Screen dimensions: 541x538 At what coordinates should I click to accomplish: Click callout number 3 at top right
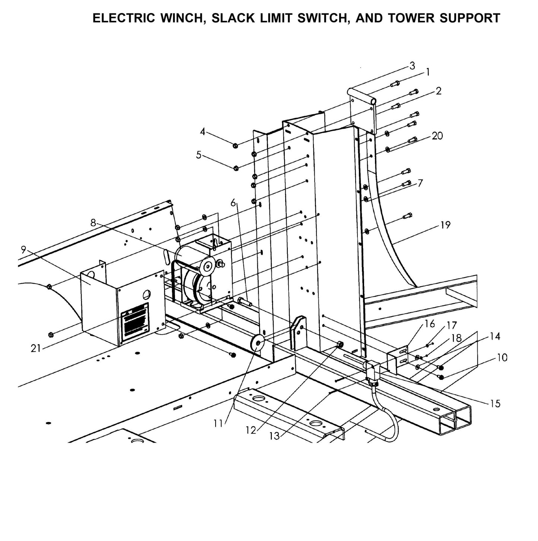412,66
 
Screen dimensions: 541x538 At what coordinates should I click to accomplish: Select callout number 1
428,72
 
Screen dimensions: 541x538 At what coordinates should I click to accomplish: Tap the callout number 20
437,136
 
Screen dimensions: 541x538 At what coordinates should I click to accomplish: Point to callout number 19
445,225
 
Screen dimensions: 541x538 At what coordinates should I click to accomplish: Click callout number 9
23,249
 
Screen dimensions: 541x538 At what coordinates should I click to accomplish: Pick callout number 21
35,349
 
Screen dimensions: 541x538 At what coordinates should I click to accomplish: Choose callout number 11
218,423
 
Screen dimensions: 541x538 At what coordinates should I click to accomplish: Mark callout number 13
274,436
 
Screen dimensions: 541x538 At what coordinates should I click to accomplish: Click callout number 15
495,404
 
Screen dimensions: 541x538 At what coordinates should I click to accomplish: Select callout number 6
233,203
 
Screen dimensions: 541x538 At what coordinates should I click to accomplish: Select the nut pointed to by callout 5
236,168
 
